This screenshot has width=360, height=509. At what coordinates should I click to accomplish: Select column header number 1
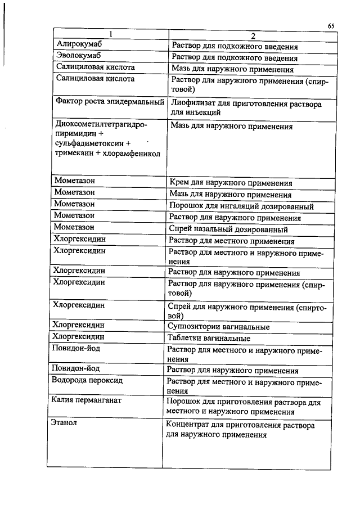111,34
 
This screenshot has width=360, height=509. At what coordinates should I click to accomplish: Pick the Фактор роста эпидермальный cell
110,102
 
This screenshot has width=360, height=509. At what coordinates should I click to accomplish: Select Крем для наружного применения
231,183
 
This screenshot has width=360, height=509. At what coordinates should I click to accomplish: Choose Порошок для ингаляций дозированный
241,206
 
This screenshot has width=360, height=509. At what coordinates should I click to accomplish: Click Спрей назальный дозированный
228,229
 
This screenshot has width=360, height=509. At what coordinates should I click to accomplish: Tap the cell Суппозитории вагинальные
219,327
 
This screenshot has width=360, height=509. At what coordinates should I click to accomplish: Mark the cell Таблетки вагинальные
210,339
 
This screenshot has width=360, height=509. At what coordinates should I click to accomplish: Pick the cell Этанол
64,423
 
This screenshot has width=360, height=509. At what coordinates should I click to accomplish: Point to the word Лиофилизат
192,104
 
